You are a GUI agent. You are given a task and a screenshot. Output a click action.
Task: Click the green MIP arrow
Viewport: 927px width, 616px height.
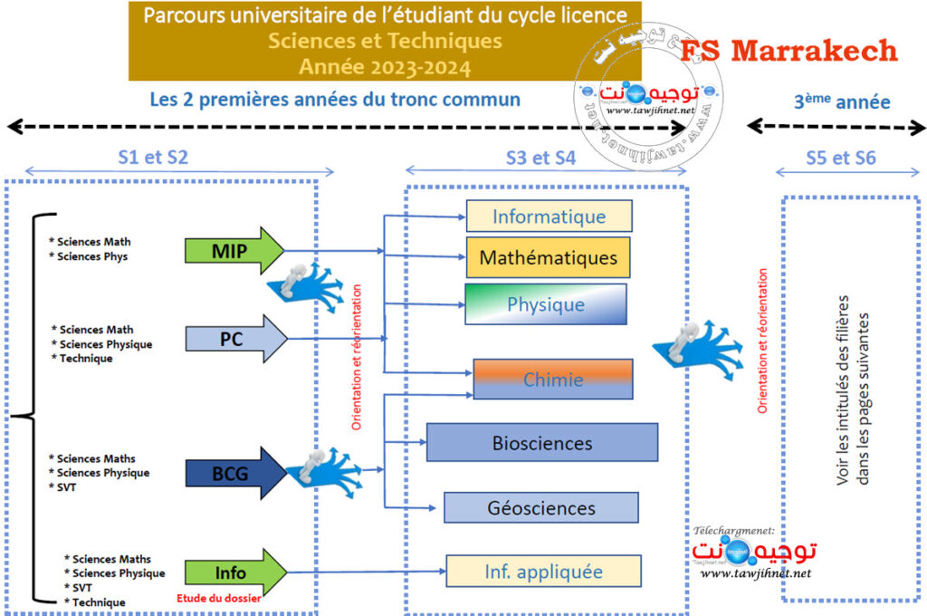tap(232, 250)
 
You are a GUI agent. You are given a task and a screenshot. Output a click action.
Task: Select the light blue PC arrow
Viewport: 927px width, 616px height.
tap(234, 340)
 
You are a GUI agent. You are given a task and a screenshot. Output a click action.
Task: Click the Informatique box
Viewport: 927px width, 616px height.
tap(549, 217)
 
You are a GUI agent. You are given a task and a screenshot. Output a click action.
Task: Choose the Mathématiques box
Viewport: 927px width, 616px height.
tap(549, 257)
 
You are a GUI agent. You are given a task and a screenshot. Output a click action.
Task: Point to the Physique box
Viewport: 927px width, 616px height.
tap(546, 304)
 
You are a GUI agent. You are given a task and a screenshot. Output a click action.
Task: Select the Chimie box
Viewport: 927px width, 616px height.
tap(553, 380)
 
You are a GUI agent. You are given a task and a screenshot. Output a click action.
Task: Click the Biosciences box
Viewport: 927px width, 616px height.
tap(542, 443)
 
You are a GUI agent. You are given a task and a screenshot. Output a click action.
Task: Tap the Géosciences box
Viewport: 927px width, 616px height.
tap(541, 507)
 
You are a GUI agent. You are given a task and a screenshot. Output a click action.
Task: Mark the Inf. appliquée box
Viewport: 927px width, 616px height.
tap(543, 572)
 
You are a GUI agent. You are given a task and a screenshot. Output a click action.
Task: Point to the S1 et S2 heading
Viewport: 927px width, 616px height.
tap(153, 156)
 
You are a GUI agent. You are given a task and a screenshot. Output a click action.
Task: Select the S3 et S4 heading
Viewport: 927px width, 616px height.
tap(540, 157)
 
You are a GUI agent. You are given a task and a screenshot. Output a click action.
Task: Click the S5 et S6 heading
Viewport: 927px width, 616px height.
tap(841, 157)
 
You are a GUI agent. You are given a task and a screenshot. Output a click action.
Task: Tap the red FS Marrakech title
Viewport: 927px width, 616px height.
tap(788, 51)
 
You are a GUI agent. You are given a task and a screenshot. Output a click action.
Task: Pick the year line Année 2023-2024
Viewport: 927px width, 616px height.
tap(385, 65)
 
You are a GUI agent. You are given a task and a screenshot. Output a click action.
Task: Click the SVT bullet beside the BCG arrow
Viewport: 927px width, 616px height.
tap(66, 487)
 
